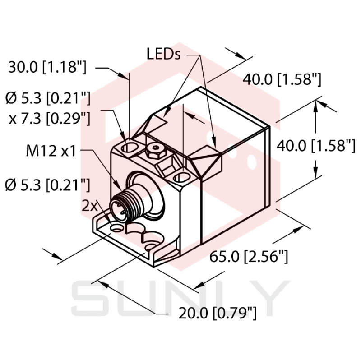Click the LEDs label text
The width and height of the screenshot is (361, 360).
tap(163, 55)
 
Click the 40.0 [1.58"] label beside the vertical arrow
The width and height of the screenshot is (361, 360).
tap(316, 145)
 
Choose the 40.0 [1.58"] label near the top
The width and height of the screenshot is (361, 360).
tap(282, 80)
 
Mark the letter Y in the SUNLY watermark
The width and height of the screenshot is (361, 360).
tap(268, 298)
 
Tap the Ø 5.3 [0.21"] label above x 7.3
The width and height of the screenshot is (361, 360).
tap(47, 97)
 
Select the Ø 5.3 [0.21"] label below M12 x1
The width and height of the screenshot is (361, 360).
tap(47, 184)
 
